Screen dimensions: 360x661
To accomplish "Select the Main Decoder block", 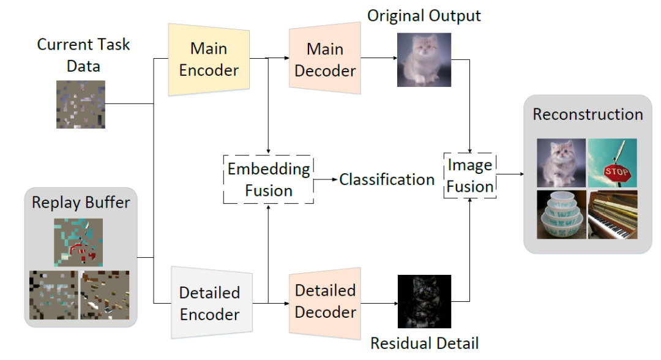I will click(325, 59).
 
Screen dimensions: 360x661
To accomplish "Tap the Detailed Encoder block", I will click(209, 303).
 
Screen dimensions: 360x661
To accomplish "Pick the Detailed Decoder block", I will click(325, 301).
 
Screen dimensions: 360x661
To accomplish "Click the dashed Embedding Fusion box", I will click(269, 179).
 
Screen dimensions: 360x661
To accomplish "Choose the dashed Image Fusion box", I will click(470, 176).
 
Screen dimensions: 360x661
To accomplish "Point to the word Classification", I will click(387, 179).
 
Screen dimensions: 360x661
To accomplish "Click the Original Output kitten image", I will click(424, 59).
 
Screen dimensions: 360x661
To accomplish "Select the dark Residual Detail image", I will click(424, 301).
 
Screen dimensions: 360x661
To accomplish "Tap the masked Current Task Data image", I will click(80, 104).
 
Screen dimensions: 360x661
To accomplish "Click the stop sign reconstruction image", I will click(612, 162).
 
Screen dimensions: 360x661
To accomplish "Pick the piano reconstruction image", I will click(612, 214).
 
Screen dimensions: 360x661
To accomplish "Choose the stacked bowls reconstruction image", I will click(561, 214).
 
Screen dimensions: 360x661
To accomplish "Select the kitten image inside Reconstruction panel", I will click(561, 162).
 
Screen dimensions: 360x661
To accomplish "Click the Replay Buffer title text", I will click(81, 203).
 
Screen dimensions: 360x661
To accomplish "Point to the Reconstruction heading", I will click(588, 114).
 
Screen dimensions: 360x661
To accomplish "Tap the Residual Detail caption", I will click(424, 343).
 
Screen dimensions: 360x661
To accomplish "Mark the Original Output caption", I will click(424, 15).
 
